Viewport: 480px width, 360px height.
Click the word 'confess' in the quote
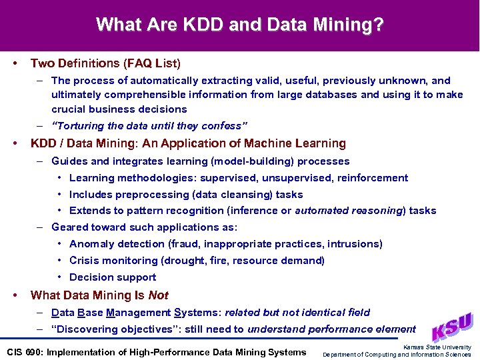pos(224,126)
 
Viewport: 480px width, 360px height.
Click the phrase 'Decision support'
pos(113,277)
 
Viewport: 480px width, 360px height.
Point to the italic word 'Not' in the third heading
pos(159,295)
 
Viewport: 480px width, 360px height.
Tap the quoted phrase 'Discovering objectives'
pos(117,329)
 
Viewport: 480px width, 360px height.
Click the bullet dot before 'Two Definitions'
pos(15,63)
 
